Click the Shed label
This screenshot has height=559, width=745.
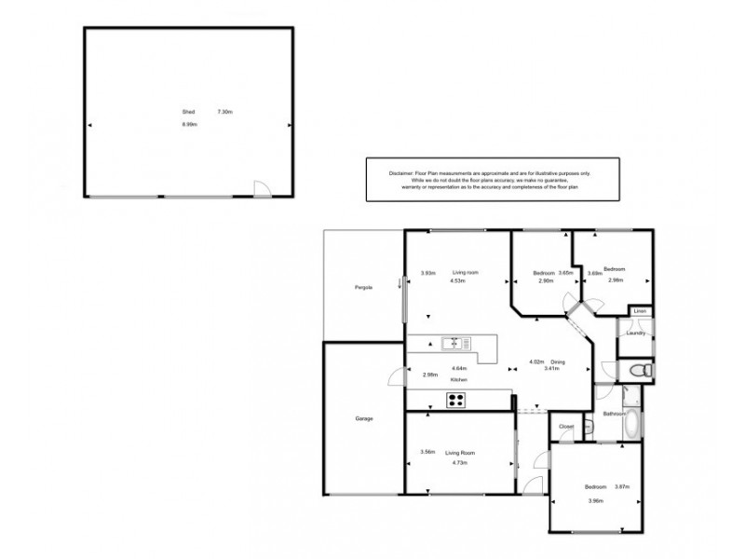tap(188, 112)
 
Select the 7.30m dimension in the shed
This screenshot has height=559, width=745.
tap(224, 112)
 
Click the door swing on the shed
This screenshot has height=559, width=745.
tap(264, 189)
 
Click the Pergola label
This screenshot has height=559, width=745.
tap(363, 287)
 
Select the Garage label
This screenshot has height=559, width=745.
tap(363, 419)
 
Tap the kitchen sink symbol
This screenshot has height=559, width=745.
tap(454, 343)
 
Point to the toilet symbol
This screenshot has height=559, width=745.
tap(638, 372)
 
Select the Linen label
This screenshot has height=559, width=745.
tap(640, 311)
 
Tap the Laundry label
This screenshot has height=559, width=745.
tap(636, 332)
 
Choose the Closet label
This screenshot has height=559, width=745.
tap(565, 427)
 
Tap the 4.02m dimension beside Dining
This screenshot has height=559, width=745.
tap(535, 361)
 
